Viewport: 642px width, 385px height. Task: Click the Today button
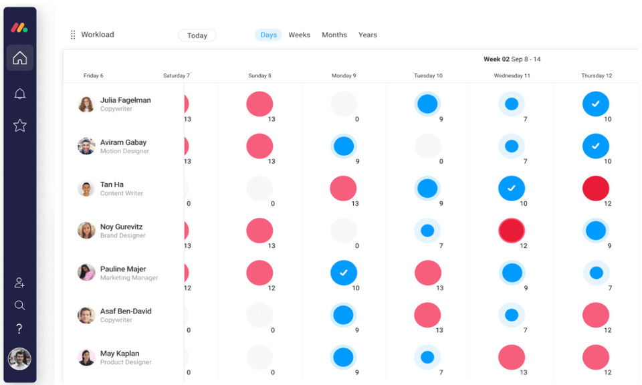(197, 35)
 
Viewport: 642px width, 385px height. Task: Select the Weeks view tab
(299, 35)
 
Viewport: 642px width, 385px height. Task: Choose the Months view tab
(334, 35)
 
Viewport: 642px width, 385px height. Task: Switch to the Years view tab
(368, 35)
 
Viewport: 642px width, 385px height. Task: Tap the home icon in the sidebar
(20, 58)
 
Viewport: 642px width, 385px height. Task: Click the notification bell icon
(20, 94)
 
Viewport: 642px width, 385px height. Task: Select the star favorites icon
(20, 125)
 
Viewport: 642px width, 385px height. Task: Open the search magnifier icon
(20, 305)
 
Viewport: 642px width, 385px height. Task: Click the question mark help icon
(20, 329)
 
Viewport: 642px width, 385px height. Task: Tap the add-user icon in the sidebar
(20, 283)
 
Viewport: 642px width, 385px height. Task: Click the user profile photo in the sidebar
(19, 359)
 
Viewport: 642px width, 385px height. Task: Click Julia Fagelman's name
(125, 100)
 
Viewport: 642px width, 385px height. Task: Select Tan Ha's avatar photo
(86, 188)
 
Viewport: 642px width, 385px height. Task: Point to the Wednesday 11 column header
(512, 76)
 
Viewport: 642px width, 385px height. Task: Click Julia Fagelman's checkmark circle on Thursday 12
(595, 104)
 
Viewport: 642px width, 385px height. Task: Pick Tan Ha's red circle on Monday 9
(343, 188)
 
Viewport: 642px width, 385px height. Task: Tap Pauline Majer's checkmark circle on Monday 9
(344, 273)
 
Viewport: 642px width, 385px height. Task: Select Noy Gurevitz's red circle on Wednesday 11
(512, 231)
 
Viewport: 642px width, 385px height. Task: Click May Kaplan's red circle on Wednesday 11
(512, 357)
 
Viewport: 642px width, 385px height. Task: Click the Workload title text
(98, 35)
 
